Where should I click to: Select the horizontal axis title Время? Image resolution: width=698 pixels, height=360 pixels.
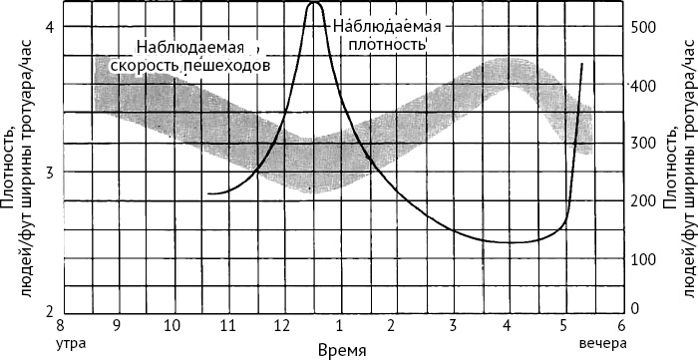[x=342, y=350]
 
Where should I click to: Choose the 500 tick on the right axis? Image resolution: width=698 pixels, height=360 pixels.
[x=643, y=27]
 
